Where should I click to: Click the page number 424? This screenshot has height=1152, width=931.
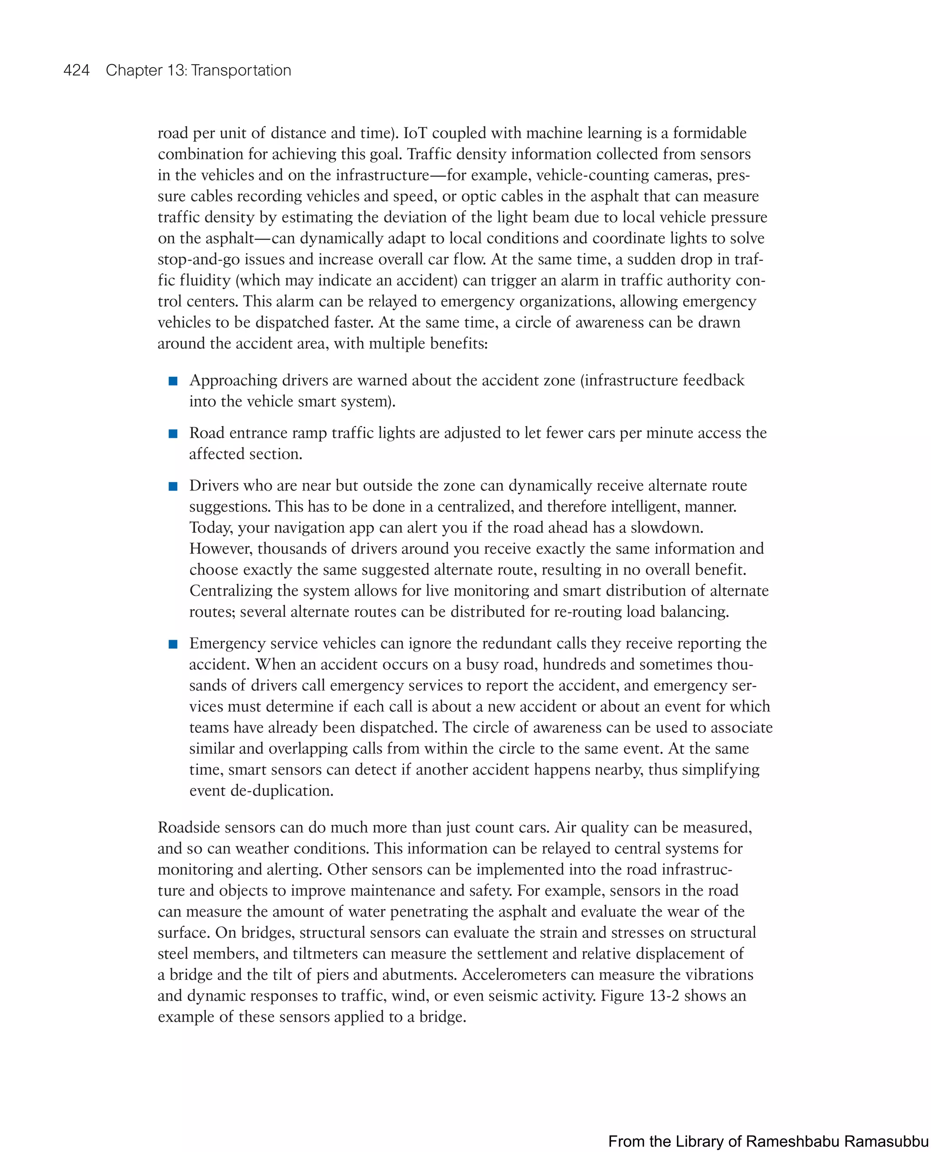point(76,70)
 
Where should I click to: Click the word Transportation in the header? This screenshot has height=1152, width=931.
point(241,70)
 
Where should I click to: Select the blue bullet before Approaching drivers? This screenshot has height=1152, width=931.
point(173,381)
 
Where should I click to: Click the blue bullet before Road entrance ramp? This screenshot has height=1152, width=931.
point(173,434)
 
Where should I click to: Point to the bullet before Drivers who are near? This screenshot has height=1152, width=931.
point(173,486)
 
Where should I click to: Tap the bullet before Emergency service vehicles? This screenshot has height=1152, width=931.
point(173,644)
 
